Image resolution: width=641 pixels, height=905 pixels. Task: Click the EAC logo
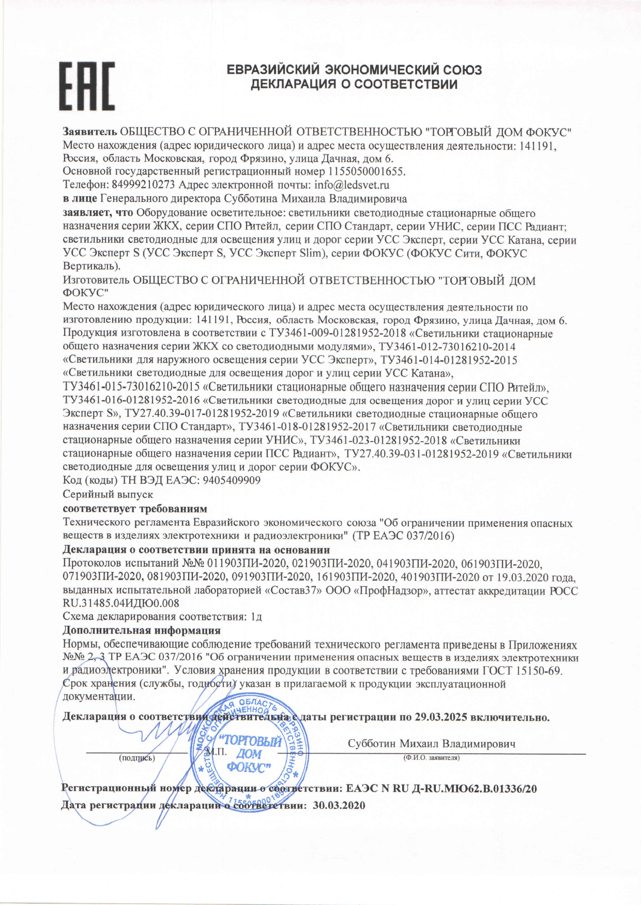(86, 86)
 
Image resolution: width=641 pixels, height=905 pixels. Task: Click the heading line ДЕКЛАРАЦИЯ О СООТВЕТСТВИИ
(354, 84)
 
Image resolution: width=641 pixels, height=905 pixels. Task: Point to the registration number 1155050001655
(367, 171)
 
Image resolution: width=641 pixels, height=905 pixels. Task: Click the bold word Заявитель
(90, 132)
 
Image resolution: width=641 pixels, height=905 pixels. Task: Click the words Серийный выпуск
(108, 494)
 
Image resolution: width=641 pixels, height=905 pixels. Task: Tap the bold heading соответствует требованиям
(134, 508)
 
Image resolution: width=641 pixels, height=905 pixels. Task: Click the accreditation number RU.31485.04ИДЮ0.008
(121, 603)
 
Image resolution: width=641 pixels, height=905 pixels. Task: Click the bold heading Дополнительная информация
(141, 630)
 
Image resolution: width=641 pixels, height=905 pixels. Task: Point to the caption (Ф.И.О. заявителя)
(431, 758)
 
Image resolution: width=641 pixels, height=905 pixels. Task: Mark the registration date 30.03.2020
(339, 805)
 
